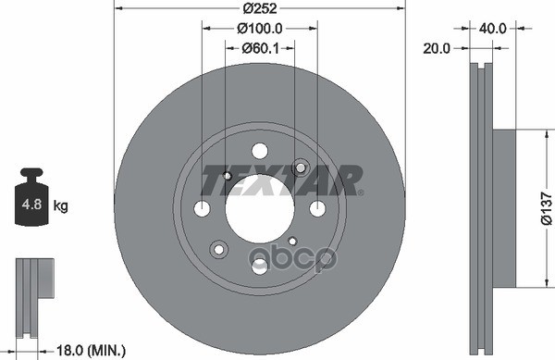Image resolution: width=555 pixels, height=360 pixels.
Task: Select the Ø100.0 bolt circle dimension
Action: tap(259, 30)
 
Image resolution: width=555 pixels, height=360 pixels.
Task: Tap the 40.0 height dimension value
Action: tap(493, 29)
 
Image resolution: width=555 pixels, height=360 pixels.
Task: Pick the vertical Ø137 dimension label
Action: tap(545, 208)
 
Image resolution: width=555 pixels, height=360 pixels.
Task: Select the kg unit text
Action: tap(63, 205)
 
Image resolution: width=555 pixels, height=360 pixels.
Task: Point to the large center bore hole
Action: tap(259, 209)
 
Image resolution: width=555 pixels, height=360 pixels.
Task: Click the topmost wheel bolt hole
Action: tap(260, 151)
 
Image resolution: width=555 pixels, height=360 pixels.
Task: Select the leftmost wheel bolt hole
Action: tap(202, 209)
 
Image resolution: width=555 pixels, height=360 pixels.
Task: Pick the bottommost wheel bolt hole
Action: tap(260, 267)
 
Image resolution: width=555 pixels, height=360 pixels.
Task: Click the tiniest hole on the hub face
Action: tap(292, 242)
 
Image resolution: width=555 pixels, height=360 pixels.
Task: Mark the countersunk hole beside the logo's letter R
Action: tap(300, 168)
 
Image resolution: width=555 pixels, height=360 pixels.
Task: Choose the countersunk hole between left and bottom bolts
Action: tap(219, 249)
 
